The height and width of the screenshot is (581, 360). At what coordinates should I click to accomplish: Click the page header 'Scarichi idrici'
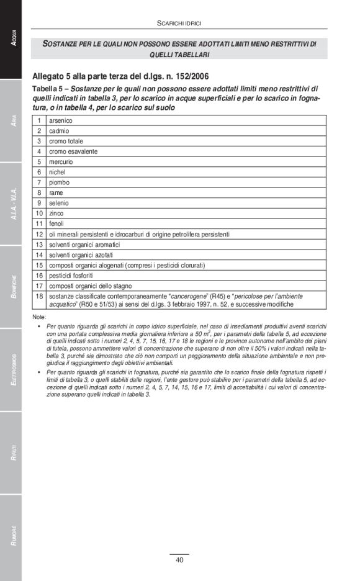[179, 23]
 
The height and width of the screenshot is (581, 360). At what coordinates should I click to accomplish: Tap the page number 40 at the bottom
[179, 560]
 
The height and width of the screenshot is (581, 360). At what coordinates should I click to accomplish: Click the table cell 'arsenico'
[61, 120]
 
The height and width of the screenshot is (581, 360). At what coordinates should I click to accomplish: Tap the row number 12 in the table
[39, 234]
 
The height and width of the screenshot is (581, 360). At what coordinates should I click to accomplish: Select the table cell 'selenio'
[59, 203]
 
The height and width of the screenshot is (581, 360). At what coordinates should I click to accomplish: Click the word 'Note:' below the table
[39, 317]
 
